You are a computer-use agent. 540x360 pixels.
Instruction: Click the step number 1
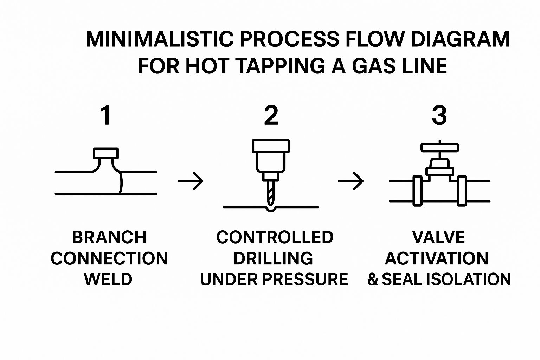click(x=105, y=116)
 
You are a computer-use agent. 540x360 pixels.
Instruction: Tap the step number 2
click(x=271, y=116)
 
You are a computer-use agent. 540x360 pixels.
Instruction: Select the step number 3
click(x=439, y=116)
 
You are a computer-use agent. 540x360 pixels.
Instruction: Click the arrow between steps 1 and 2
click(x=191, y=181)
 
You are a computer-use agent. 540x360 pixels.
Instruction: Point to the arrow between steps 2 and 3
click(x=351, y=181)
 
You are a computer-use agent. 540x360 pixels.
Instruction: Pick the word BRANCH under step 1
click(x=109, y=237)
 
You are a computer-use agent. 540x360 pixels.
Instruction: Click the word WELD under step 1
click(x=108, y=279)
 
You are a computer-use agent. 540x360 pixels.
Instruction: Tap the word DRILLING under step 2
click(x=273, y=258)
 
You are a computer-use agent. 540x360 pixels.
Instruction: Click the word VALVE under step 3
click(x=438, y=237)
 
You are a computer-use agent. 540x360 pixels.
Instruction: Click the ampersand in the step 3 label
click(x=373, y=279)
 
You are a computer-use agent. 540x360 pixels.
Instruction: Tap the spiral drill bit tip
click(x=270, y=193)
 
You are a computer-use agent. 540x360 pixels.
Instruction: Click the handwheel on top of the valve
click(x=440, y=147)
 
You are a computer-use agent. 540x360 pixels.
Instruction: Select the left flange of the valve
click(x=417, y=191)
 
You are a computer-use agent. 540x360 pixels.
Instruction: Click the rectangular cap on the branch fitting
click(x=106, y=154)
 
